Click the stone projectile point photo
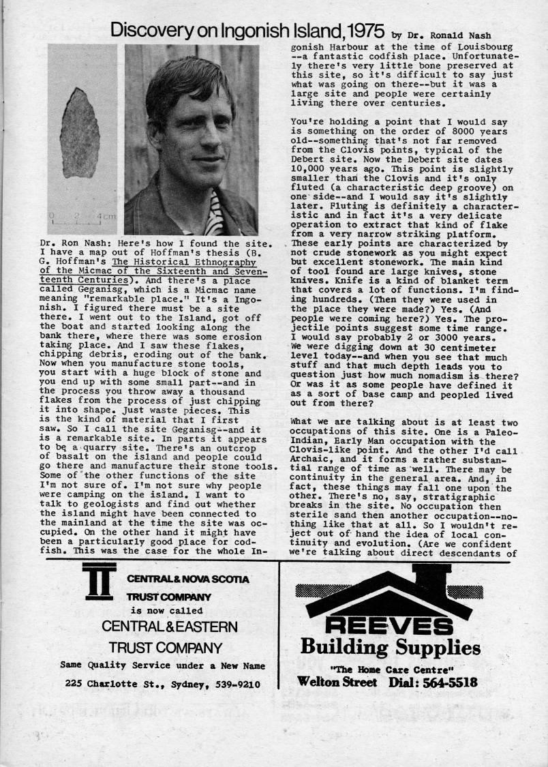click(x=79, y=133)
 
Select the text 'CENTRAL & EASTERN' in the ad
click(x=170, y=627)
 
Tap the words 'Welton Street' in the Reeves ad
click(x=337, y=681)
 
